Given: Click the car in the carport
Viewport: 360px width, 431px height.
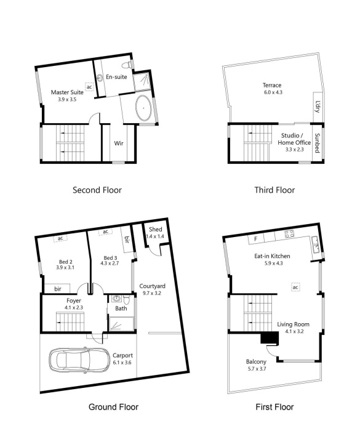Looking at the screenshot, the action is (x=77, y=360).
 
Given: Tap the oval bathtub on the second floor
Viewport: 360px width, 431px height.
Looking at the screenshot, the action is (x=143, y=108).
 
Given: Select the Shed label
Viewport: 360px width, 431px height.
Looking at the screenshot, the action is (x=156, y=229).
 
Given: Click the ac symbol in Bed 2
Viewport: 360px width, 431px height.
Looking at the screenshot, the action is (x=60, y=238).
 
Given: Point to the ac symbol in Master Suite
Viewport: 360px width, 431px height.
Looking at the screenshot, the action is (x=89, y=87).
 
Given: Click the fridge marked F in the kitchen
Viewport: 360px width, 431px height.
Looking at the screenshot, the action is (x=255, y=239).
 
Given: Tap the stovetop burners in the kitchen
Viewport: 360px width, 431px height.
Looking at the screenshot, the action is (x=289, y=234).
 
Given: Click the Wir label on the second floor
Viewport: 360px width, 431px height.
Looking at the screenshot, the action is (x=119, y=143).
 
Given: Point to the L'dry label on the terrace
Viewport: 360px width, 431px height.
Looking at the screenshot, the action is (x=318, y=107).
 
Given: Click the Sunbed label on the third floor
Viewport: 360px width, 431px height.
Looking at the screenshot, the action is (x=317, y=143).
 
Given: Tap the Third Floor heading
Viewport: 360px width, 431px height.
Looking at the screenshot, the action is (x=274, y=190).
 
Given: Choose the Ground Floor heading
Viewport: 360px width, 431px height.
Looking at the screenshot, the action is (x=113, y=407).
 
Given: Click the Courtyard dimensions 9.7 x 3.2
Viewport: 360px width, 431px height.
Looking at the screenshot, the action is (x=152, y=293).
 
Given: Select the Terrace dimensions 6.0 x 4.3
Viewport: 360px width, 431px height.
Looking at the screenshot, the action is (x=273, y=92).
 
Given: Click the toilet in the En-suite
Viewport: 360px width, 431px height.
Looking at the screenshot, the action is (x=127, y=65).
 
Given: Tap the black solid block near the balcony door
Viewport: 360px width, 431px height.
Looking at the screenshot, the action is (x=270, y=338).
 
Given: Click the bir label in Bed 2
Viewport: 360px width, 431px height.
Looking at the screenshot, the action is (x=58, y=289).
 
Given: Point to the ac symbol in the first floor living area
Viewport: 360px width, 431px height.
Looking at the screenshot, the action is (x=295, y=288).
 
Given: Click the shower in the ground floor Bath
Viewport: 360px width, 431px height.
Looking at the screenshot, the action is (x=121, y=324).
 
